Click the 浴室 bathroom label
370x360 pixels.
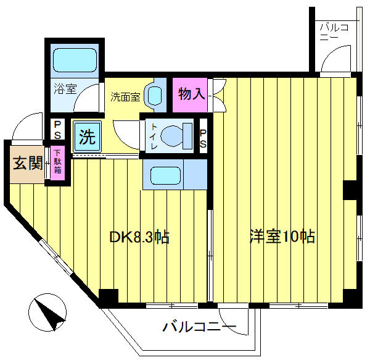tap(65, 89)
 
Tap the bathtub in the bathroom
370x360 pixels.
tap(75, 60)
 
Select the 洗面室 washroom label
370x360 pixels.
tap(125, 96)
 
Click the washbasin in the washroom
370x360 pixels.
tap(155, 95)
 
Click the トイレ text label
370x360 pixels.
tap(154, 136)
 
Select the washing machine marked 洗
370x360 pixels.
tap(88, 136)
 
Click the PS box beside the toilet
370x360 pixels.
tap(203, 136)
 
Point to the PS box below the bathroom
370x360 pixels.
tap(57, 130)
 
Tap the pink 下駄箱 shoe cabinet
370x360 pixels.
tap(57, 162)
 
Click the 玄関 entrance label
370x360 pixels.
tap(28, 163)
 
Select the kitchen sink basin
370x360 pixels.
tap(165, 175)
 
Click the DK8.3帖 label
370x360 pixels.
tap(139, 237)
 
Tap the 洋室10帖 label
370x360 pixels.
tap(282, 237)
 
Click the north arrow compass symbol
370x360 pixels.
tap(47, 312)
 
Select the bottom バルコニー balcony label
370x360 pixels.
tap(199, 327)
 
